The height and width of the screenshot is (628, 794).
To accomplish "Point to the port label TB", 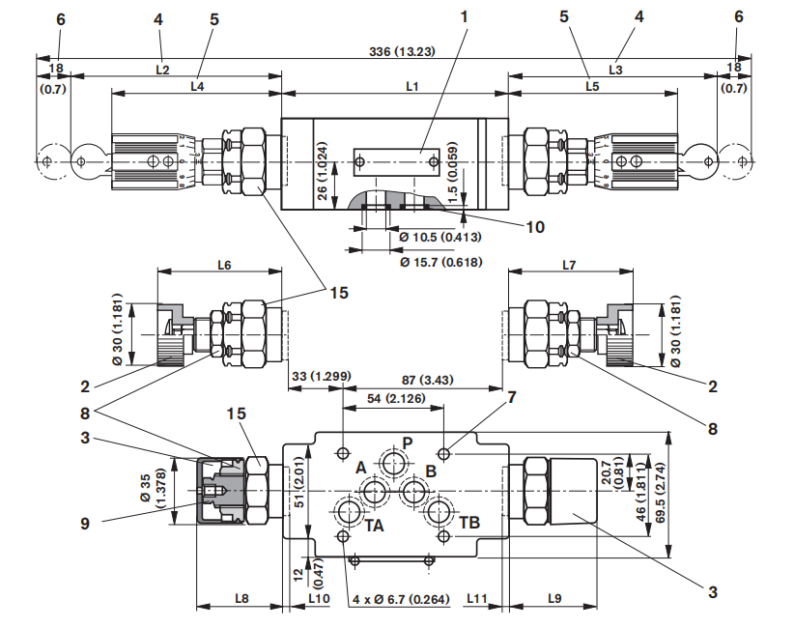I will [x=469, y=522].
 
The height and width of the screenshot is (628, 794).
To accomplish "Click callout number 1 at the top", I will [x=464, y=16].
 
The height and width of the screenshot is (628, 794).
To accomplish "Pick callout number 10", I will [x=534, y=227].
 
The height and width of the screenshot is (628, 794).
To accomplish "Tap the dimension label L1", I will [x=411, y=87].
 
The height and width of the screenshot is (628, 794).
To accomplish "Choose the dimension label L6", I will [x=223, y=264].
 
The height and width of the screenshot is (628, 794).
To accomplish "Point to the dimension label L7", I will [x=568, y=264].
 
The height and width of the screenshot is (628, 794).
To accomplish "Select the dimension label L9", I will [x=554, y=598].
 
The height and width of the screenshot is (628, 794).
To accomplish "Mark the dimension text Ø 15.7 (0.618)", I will [x=440, y=261].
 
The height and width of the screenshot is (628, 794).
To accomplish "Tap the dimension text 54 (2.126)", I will [x=392, y=398].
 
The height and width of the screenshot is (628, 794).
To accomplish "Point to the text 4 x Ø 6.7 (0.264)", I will [x=401, y=599].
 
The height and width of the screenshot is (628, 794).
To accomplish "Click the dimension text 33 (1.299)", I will [x=319, y=376].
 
